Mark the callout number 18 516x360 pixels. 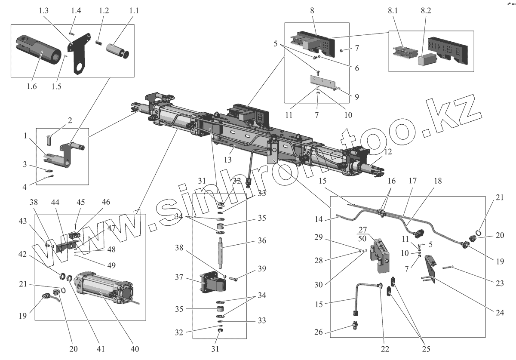pyautogui.click(x=437, y=181)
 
